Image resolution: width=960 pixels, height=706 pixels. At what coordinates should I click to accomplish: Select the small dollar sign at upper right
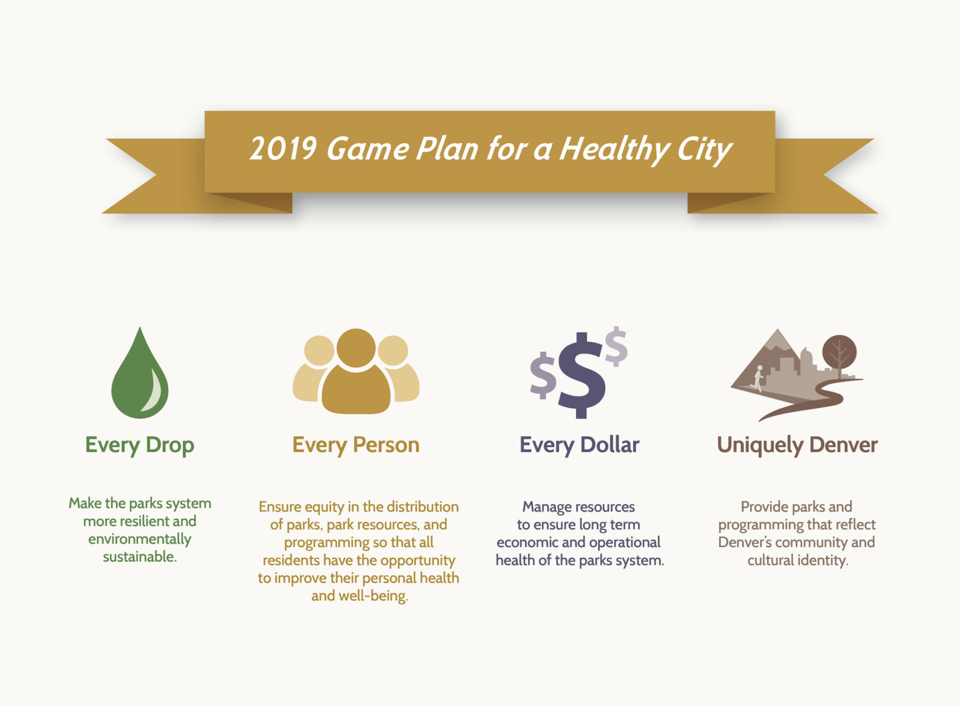pos(617,347)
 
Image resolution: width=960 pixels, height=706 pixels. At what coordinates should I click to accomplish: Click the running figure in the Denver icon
pos(757,379)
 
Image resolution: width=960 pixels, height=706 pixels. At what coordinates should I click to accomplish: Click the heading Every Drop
pos(140,445)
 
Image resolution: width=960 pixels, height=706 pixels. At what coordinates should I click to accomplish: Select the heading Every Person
pos(356,445)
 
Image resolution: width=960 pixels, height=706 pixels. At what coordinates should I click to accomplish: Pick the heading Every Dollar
pos(579,445)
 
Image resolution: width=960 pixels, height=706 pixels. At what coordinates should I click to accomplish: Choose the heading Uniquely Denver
pos(797,445)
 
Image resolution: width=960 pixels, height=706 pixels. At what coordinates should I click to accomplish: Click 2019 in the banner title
pos(283,149)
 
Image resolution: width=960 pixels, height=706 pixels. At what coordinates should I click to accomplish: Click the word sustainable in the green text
pos(140,557)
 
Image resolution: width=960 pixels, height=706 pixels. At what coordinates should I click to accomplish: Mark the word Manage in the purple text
pos(548,507)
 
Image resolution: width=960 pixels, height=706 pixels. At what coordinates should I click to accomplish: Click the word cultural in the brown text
pos(771,560)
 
